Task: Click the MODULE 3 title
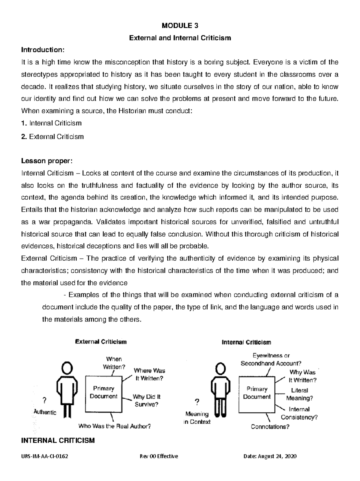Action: [x=180, y=26]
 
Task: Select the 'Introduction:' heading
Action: [x=42, y=50]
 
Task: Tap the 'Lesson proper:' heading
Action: [x=46, y=161]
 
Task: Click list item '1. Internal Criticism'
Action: [x=51, y=123]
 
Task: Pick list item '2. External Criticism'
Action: [x=52, y=137]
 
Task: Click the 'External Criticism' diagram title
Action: [x=100, y=342]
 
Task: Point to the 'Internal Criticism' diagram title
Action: [x=246, y=342]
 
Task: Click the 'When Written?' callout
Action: [x=114, y=363]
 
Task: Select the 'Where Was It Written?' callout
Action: [x=149, y=374]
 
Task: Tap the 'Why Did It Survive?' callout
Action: [x=146, y=400]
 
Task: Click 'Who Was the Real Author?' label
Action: [x=114, y=426]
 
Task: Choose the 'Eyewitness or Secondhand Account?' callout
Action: [x=271, y=359]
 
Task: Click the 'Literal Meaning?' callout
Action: [x=299, y=394]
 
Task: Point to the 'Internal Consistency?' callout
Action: [x=299, y=413]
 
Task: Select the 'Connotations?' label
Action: [x=270, y=427]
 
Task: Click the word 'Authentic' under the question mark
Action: [x=45, y=412]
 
